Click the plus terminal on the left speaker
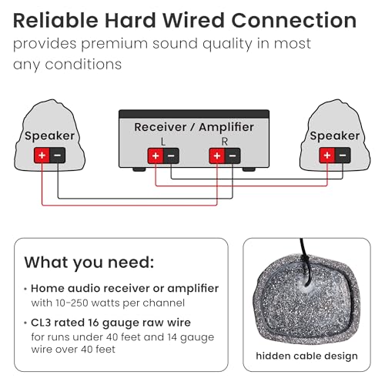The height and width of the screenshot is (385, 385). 42,156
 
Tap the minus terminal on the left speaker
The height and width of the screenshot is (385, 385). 58,156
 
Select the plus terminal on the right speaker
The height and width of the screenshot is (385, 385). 326,156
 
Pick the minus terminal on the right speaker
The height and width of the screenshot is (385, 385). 343,156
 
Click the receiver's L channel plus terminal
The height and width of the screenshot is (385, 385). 156,156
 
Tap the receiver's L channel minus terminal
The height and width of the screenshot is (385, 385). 171,156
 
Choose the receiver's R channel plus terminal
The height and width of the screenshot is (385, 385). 217,156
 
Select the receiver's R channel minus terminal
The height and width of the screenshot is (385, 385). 233,156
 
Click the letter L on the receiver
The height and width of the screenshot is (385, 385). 163,142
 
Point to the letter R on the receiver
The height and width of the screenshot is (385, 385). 225,142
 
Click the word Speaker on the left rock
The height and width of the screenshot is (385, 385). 49,136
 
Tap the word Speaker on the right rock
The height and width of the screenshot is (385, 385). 335,136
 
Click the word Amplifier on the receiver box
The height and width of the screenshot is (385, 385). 226,127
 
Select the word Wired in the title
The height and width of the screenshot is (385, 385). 193,20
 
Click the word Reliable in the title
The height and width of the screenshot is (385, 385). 55,20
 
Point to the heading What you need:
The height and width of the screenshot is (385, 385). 89,263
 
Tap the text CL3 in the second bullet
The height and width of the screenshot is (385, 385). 41,323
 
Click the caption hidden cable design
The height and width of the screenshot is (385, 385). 306,356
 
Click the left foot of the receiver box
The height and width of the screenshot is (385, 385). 139,169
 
